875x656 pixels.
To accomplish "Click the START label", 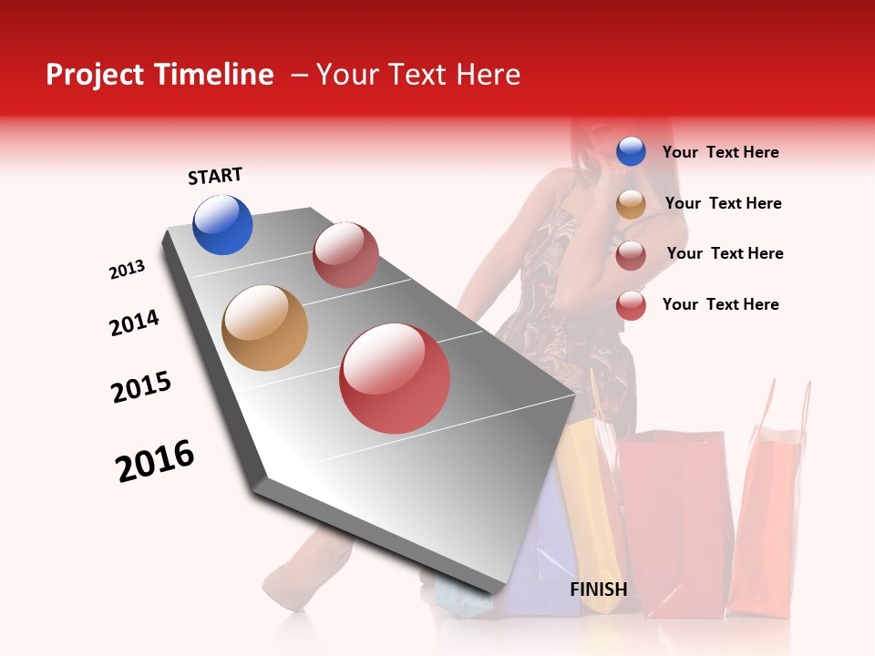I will click(215, 176).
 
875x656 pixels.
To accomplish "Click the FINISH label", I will click(598, 589).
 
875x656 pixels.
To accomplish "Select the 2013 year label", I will click(127, 270).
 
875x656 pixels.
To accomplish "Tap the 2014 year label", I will click(134, 323).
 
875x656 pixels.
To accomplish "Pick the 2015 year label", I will click(141, 387).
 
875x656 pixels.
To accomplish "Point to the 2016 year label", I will click(155, 460).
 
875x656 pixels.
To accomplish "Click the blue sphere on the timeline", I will click(222, 224).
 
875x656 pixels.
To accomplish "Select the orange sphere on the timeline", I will click(264, 328).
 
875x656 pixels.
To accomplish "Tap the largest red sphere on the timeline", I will click(395, 378).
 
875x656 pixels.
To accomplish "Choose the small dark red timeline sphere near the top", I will click(345, 255).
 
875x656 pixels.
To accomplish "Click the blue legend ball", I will click(631, 151).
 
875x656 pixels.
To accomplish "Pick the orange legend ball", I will click(631, 204).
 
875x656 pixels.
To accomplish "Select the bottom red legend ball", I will click(631, 305).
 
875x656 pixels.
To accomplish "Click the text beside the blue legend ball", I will click(720, 152).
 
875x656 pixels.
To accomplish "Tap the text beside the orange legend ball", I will click(723, 203).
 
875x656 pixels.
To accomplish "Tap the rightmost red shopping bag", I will click(773, 519).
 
